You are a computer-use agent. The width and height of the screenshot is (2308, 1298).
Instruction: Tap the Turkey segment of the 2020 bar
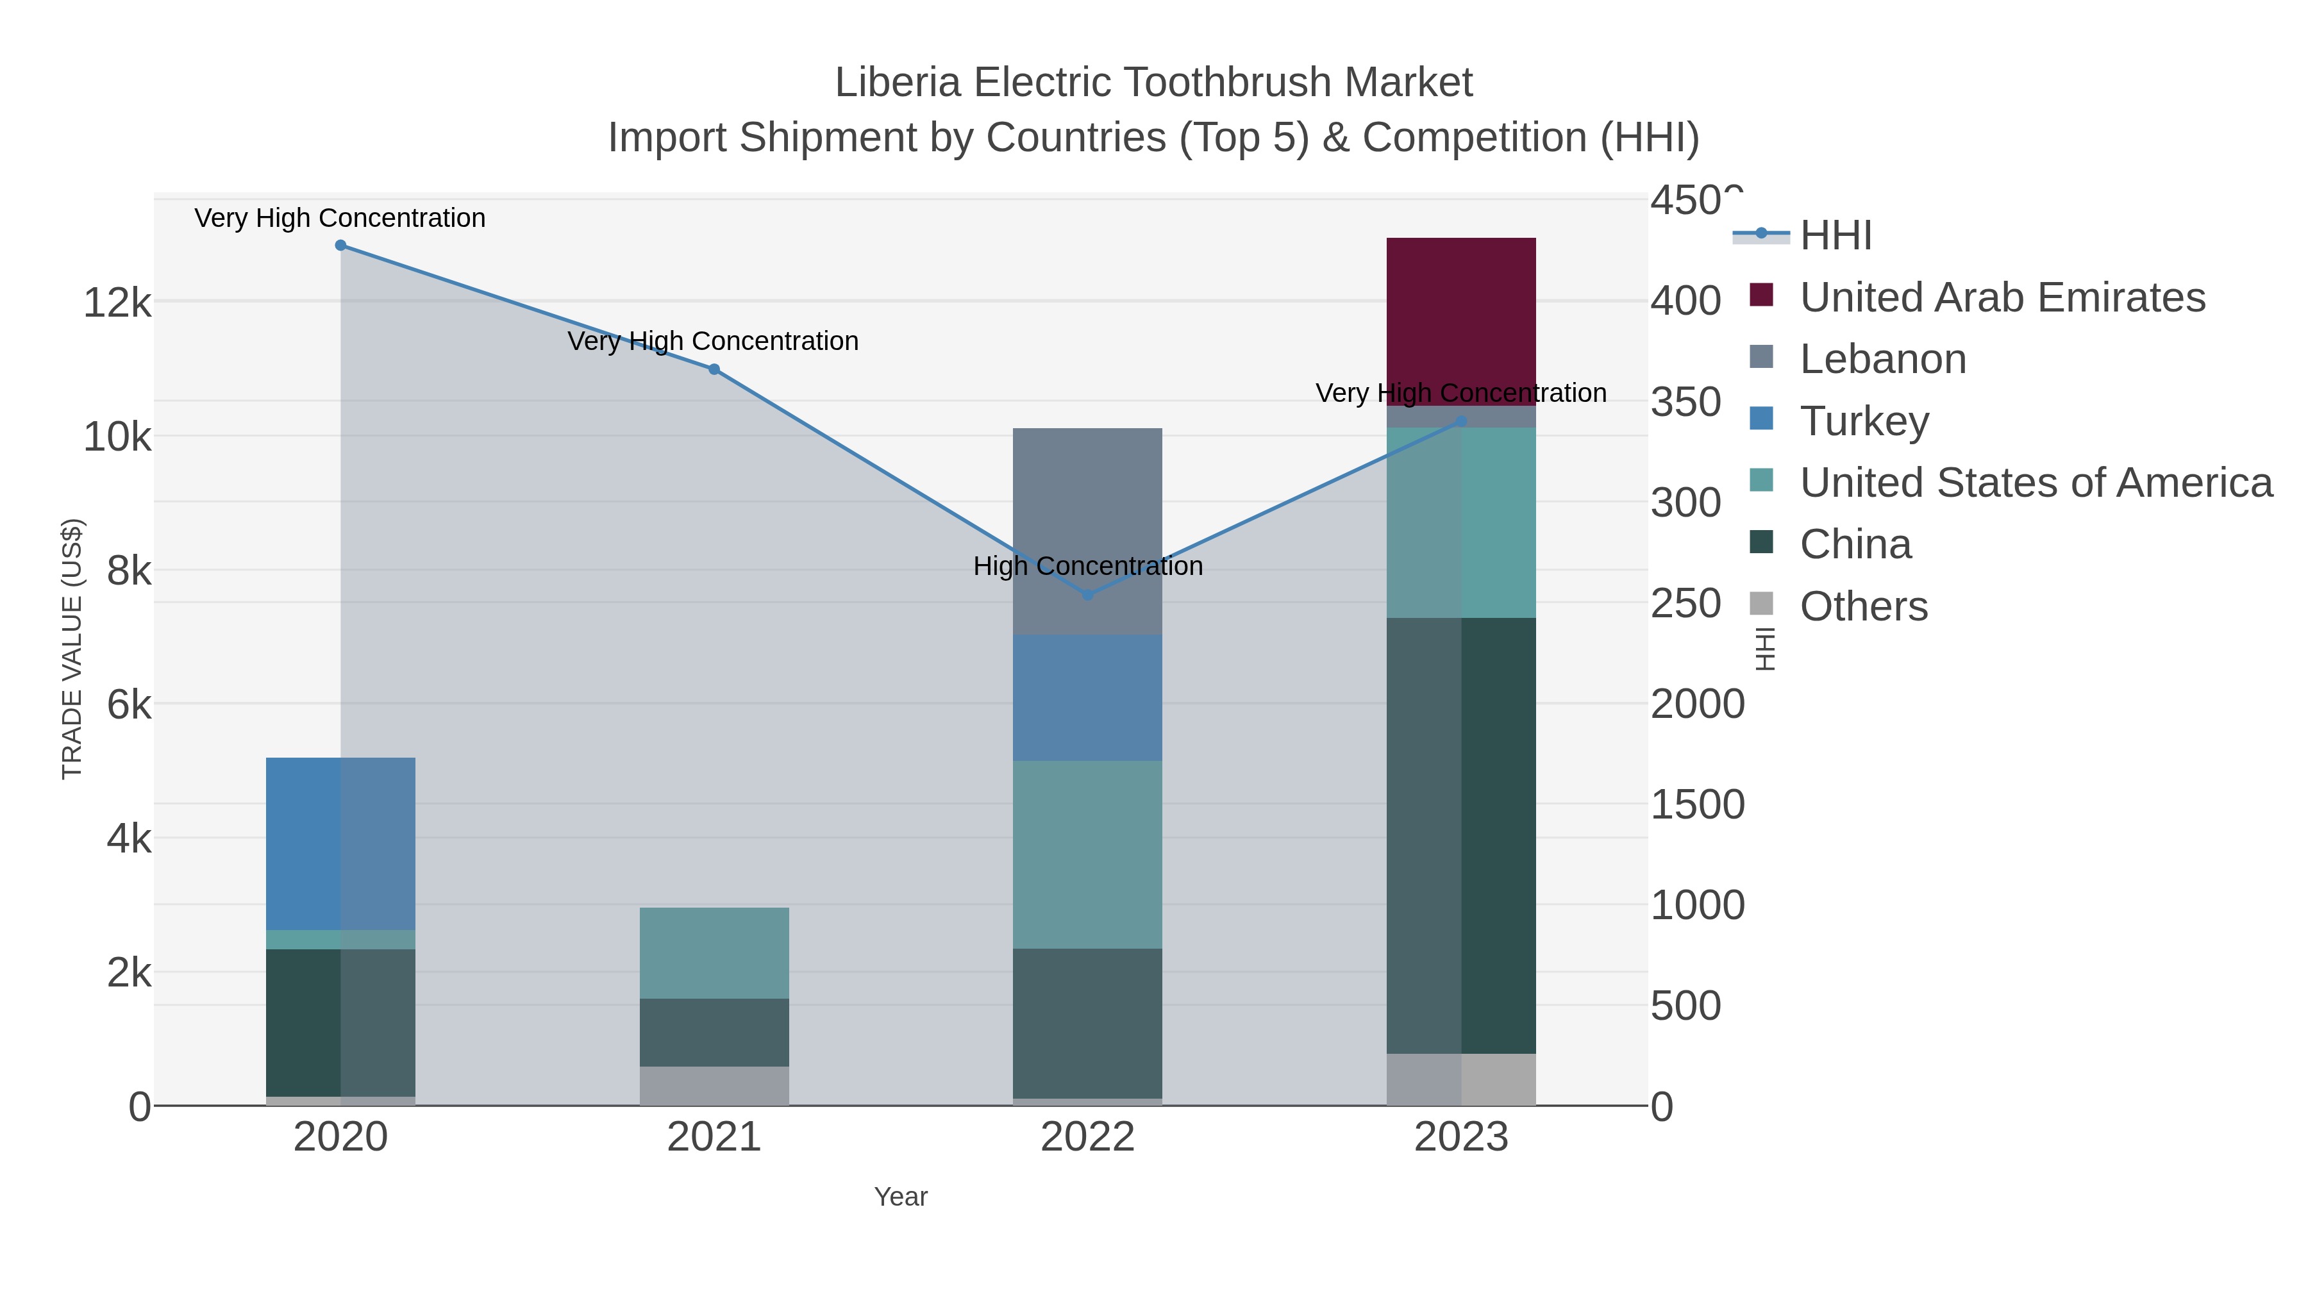[340, 843]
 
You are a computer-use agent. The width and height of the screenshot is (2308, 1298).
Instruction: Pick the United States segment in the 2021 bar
[714, 953]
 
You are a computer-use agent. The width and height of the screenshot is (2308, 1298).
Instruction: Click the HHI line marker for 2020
[340, 245]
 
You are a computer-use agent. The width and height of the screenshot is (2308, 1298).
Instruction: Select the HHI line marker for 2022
[1088, 595]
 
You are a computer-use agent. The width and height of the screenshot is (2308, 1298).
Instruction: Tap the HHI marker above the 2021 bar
[714, 369]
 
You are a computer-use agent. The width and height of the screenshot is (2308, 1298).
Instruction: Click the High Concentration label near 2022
[1088, 566]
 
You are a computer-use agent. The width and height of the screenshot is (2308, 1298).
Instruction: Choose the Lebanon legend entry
[1882, 359]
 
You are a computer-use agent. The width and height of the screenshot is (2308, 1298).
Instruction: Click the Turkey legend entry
[1864, 421]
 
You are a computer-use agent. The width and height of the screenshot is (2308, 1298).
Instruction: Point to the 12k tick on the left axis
[117, 303]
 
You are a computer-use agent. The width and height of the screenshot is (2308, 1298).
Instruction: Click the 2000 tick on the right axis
[1697, 704]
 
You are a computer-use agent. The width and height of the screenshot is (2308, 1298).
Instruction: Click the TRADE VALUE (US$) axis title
[72, 649]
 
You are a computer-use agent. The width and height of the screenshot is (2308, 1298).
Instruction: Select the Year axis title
[901, 1197]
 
